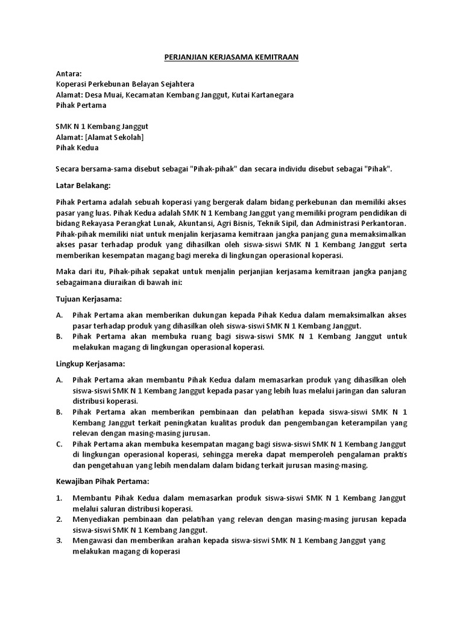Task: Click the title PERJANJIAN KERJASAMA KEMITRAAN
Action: click(231, 57)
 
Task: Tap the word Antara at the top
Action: click(68, 74)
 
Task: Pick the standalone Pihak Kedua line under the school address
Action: click(77, 147)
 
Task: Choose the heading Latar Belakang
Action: click(83, 185)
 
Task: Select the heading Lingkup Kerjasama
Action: click(90, 364)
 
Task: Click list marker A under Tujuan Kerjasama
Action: click(59, 315)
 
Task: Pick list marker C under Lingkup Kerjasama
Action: click(59, 443)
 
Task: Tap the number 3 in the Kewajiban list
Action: click(59, 540)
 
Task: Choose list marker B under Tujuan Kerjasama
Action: click(59, 336)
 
